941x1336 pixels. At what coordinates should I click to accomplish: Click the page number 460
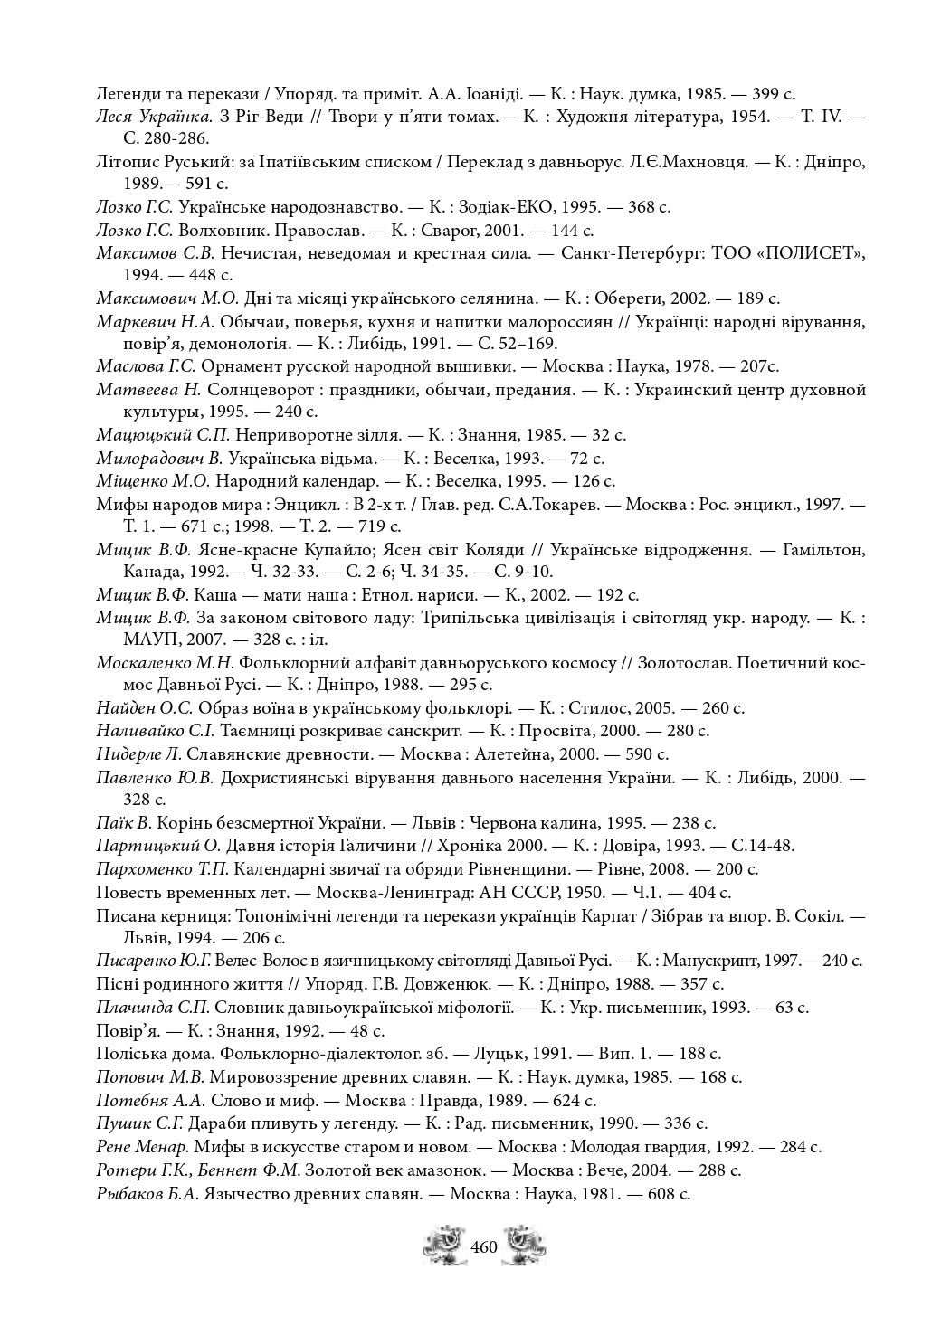(x=484, y=1247)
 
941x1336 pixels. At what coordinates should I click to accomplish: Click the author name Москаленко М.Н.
(x=165, y=663)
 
